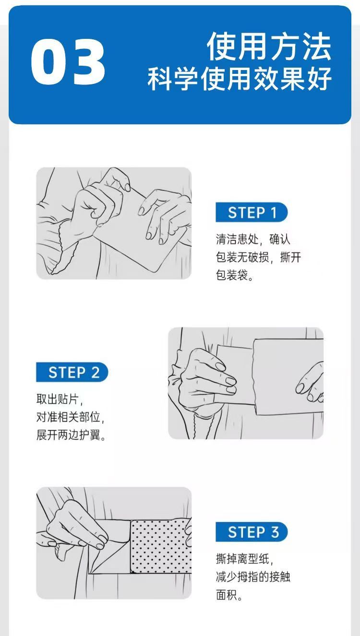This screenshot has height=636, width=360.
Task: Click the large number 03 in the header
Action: tap(68, 61)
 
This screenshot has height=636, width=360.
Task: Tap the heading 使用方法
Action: tap(269, 46)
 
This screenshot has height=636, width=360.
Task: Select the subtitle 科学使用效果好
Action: tap(240, 78)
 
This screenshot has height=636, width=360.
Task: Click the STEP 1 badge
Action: tap(252, 212)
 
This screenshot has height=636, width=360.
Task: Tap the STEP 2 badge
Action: tap(72, 372)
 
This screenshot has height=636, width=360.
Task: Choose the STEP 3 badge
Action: tap(252, 532)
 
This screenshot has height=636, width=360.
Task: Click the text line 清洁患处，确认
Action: tap(253, 239)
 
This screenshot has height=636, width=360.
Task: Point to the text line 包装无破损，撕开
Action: tap(258, 257)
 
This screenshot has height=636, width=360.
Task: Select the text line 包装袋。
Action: tap(235, 275)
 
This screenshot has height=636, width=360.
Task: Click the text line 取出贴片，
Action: tap(60, 399)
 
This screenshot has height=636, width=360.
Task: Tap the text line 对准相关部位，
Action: tap(71, 417)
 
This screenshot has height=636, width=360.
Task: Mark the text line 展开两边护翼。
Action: tap(71, 435)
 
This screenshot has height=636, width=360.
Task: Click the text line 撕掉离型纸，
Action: tap(244, 559)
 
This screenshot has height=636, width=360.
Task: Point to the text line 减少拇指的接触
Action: tap(253, 577)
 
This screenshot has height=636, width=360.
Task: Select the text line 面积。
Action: tap(229, 595)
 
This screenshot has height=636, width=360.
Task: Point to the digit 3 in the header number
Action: tap(89, 61)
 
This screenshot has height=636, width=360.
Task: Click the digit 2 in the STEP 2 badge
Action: tap(95, 372)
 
